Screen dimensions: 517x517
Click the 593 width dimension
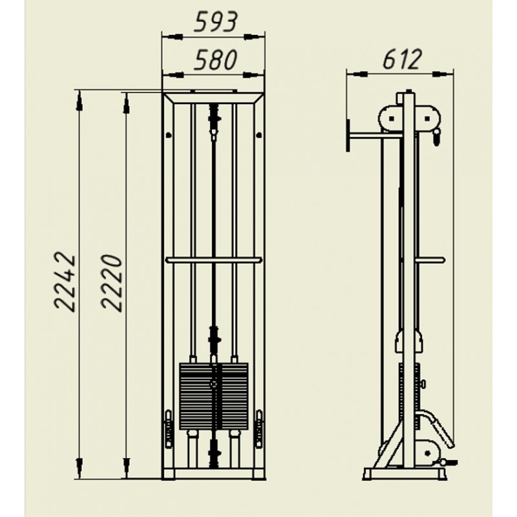(x=215, y=22)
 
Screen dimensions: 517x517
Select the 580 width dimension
(x=215, y=60)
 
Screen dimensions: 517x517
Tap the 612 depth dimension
(x=402, y=59)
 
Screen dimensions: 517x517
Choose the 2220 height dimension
(x=112, y=282)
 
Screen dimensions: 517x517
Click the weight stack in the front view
(x=214, y=396)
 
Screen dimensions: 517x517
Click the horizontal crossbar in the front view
(x=214, y=260)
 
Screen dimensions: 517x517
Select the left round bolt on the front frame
(x=169, y=134)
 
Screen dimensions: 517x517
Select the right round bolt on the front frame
(x=259, y=134)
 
